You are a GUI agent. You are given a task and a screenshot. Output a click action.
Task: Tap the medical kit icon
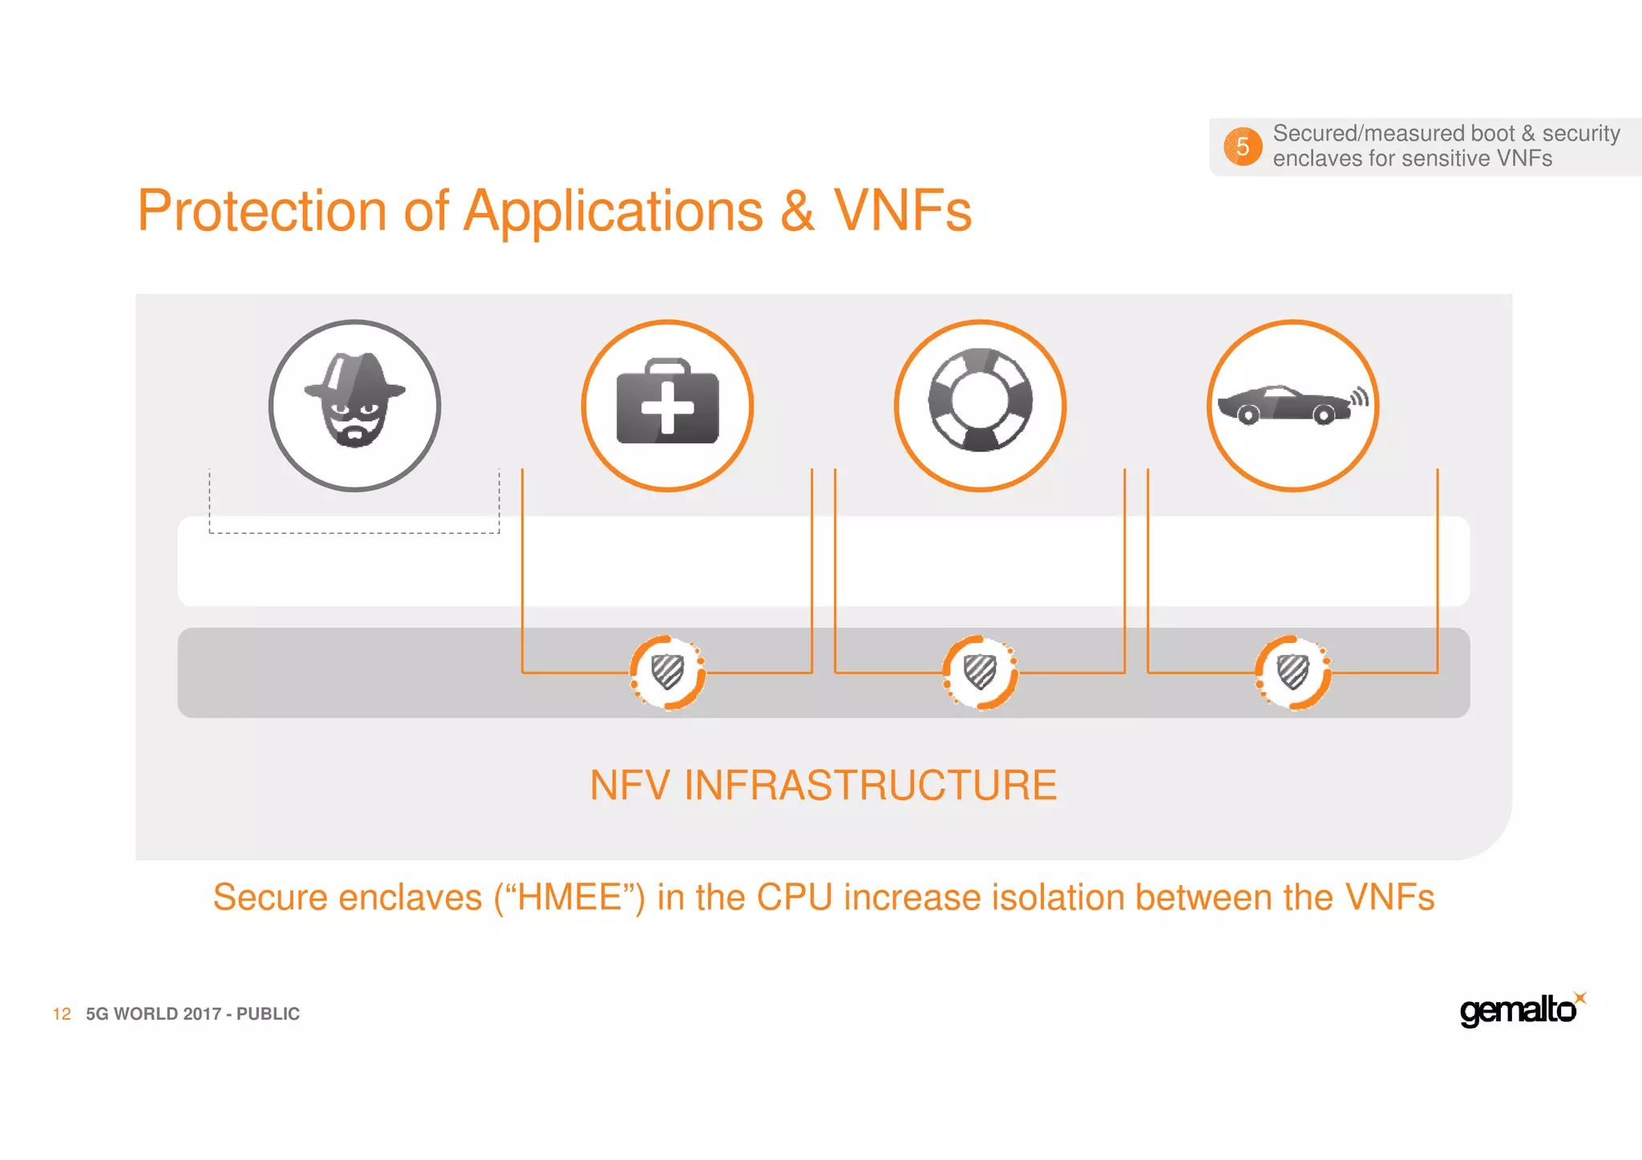[x=667, y=402]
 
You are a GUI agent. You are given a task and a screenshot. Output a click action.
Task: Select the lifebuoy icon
[x=980, y=400]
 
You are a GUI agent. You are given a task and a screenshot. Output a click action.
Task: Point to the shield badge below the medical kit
[x=667, y=672]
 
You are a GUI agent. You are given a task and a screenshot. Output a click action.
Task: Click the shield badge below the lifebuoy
[x=980, y=672]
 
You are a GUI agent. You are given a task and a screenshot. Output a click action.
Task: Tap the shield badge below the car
[x=1292, y=672]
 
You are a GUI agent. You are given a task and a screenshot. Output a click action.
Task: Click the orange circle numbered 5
[x=1242, y=147]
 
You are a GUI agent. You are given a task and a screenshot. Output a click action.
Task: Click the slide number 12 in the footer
[x=62, y=1014]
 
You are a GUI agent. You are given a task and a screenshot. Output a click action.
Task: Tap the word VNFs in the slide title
[x=902, y=212]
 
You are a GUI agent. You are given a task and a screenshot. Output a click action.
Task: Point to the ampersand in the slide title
[x=797, y=212]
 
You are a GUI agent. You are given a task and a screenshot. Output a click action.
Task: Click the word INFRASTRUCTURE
[x=870, y=785]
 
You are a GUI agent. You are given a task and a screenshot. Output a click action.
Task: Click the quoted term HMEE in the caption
[x=570, y=897]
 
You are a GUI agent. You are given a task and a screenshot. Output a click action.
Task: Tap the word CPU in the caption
[x=794, y=897]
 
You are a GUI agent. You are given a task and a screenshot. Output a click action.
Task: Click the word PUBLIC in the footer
[x=268, y=1014]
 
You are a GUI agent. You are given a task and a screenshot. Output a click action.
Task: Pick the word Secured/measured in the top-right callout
[x=1353, y=133]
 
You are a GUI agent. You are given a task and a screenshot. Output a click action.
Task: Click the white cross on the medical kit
[x=667, y=407]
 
